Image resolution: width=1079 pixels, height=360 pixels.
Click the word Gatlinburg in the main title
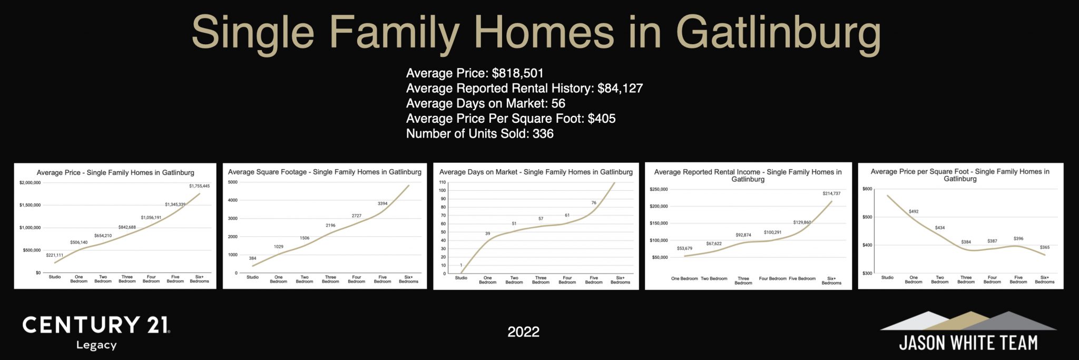pyautogui.click(x=778, y=33)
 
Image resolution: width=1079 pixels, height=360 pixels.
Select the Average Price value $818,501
pyautogui.click(x=517, y=73)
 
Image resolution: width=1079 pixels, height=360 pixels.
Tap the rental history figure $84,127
pyautogui.click(x=620, y=88)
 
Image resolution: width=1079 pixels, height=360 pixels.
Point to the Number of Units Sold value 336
pyautogui.click(x=543, y=133)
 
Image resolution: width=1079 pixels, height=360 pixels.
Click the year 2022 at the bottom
pyautogui.click(x=523, y=332)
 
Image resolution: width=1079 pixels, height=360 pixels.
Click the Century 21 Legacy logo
pyautogui.click(x=96, y=332)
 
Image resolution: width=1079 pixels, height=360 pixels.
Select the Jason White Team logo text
pyautogui.click(x=968, y=343)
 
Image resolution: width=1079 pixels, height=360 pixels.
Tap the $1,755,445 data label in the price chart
pyautogui.click(x=199, y=186)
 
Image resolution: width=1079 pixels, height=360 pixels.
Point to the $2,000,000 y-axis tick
pyautogui.click(x=30, y=182)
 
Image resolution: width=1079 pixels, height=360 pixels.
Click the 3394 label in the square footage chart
pyautogui.click(x=382, y=203)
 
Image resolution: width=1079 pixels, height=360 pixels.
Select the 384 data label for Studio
pyautogui.click(x=252, y=258)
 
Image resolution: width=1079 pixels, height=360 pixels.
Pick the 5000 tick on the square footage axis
pyautogui.click(x=233, y=182)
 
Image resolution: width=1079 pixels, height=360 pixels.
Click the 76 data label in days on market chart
pyautogui.click(x=594, y=203)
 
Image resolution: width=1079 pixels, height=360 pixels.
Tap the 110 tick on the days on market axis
pyautogui.click(x=443, y=182)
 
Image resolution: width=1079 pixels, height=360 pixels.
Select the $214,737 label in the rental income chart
pyautogui.click(x=831, y=193)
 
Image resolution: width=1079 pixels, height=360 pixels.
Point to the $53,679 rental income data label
pyautogui.click(x=684, y=248)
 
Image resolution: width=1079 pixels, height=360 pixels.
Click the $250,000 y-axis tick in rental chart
pyautogui.click(x=659, y=189)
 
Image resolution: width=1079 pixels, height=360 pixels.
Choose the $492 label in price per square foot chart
pyautogui.click(x=914, y=211)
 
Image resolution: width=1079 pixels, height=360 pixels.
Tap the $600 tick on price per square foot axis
pyautogui.click(x=867, y=189)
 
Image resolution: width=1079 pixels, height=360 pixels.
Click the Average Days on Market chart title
pyautogui.click(x=536, y=172)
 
